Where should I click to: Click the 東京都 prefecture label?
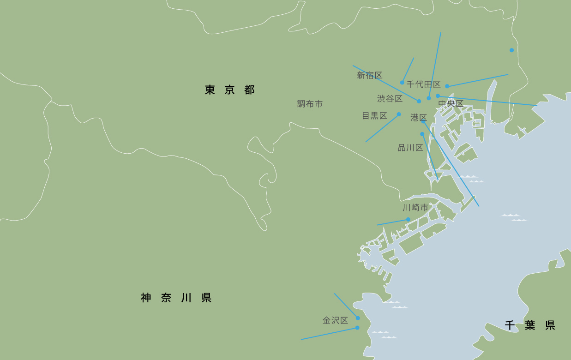[x=229, y=90]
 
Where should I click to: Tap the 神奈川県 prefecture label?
[x=176, y=298]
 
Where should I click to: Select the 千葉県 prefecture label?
[x=529, y=325]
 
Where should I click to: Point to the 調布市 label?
[x=310, y=104]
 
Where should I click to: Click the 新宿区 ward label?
[x=369, y=75]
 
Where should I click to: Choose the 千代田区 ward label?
[x=423, y=84]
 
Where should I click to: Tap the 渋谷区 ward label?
[x=390, y=99]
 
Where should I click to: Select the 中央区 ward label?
[x=451, y=104]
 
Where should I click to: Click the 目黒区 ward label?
[x=374, y=116]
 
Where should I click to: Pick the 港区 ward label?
[x=418, y=118]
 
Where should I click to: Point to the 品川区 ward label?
[x=410, y=148]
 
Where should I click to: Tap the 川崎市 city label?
[x=415, y=208]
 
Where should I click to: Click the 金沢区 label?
[x=335, y=320]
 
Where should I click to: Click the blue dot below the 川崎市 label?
[x=408, y=219]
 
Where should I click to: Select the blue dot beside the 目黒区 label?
[x=399, y=114]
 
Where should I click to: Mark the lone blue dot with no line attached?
[x=511, y=50]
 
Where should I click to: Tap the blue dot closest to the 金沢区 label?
[x=358, y=318]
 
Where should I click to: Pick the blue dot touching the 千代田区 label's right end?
[x=447, y=86]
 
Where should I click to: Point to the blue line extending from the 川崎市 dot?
[x=392, y=222]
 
